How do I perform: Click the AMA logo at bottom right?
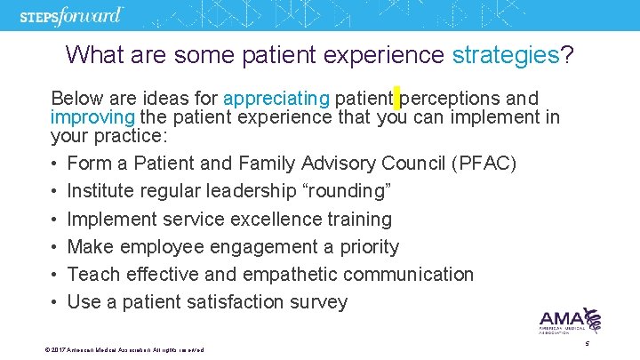[570, 321]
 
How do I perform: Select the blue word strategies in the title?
[505, 55]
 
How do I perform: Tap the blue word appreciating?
[276, 98]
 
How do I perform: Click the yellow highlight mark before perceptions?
[396, 97]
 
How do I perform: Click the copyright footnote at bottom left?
[124, 350]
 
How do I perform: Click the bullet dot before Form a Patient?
[55, 164]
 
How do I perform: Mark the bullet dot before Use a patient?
[55, 302]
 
